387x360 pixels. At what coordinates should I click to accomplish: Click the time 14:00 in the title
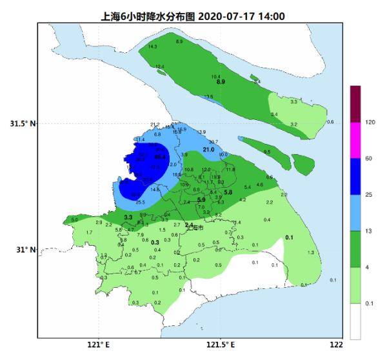point(271,16)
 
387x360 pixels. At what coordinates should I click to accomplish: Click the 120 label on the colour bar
point(370,122)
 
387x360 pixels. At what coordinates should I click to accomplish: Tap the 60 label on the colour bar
point(368,158)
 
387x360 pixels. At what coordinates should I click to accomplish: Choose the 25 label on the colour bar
point(368,194)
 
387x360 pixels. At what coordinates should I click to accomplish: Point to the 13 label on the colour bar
point(368,230)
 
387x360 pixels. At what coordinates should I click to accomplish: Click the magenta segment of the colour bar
point(355,140)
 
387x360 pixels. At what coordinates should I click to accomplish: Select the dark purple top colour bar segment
point(355,103)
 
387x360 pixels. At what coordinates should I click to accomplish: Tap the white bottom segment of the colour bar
point(355,321)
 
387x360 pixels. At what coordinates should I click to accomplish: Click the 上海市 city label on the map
point(194,228)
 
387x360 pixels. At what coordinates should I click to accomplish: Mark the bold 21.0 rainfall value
point(208,150)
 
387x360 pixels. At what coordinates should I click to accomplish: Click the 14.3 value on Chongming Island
point(152,47)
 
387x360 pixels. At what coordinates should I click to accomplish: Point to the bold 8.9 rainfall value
point(221,83)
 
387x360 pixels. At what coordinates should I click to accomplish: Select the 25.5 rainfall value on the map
point(139,203)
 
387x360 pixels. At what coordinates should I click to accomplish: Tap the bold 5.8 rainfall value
point(228,193)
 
